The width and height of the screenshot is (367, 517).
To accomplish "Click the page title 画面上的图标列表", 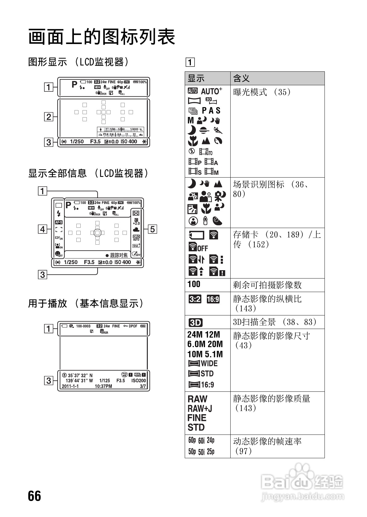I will click(102, 37).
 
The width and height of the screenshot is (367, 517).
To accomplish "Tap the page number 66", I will click(34, 496).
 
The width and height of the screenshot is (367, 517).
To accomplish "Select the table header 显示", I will click(196, 78).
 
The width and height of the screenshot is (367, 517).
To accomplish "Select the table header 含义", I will click(242, 78).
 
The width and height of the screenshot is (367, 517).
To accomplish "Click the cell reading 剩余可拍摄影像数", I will click(267, 285).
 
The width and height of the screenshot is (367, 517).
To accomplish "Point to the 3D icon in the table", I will click(196, 322).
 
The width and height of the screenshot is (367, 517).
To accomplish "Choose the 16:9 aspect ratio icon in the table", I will click(213, 299).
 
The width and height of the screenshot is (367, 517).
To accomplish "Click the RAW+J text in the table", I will click(200, 408).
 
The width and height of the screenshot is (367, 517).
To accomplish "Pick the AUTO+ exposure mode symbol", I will click(212, 91).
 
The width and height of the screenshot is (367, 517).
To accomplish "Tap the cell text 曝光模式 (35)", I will click(262, 92).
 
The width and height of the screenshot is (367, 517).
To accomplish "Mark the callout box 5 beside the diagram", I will click(153, 229).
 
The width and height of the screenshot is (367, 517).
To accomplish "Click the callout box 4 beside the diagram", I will click(42, 229).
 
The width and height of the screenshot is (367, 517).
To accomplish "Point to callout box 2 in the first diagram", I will click(49, 117).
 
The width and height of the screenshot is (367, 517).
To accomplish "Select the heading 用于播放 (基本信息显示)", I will click(86, 303).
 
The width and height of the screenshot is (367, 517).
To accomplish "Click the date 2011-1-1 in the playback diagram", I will click(70, 386).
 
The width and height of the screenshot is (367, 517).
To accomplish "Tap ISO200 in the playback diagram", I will click(139, 380).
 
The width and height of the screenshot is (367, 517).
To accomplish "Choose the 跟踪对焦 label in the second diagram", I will click(119, 255).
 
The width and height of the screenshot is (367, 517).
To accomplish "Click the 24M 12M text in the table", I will click(204, 335).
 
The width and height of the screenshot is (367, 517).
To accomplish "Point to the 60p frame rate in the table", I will click(192, 440).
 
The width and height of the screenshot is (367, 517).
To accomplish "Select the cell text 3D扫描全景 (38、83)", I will click(275, 322).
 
